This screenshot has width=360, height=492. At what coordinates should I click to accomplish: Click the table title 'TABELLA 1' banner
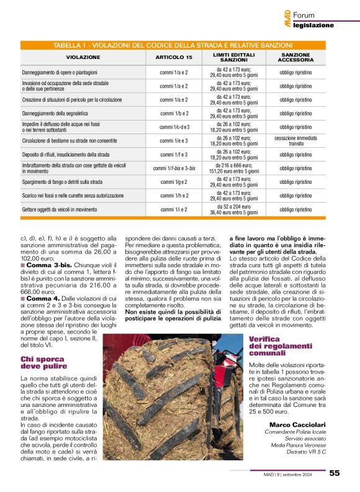coord(173,45)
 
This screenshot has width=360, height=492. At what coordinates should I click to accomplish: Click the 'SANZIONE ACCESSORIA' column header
coord(295,57)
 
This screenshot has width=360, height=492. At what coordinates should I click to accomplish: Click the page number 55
coord(335,473)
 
